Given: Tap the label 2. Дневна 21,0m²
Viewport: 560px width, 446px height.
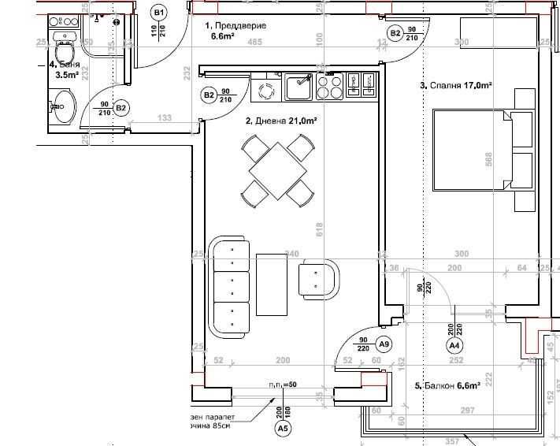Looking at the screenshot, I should click(x=281, y=121).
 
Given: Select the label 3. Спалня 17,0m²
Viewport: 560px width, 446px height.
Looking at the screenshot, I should click(x=455, y=85).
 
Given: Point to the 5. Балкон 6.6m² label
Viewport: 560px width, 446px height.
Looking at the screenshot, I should click(x=446, y=386).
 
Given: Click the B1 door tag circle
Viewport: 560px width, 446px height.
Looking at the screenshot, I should click(x=159, y=13).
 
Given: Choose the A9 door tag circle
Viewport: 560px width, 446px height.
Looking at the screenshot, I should click(x=384, y=344).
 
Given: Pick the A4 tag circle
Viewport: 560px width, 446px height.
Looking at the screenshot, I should click(x=454, y=345).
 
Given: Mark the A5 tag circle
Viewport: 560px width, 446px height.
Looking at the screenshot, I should click(x=282, y=429).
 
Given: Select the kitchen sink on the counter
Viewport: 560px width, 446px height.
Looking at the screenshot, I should click(x=299, y=86).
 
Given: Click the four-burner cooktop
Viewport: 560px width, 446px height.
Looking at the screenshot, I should click(x=329, y=86).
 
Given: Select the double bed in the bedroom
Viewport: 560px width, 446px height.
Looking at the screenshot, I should click(x=484, y=150).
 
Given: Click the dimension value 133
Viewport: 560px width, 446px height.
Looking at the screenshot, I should click(x=164, y=119).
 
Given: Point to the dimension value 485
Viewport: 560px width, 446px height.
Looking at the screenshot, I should click(x=255, y=42).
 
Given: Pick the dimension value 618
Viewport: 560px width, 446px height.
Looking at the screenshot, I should click(x=319, y=229).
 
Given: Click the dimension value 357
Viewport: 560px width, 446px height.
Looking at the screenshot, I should click(x=453, y=441).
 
